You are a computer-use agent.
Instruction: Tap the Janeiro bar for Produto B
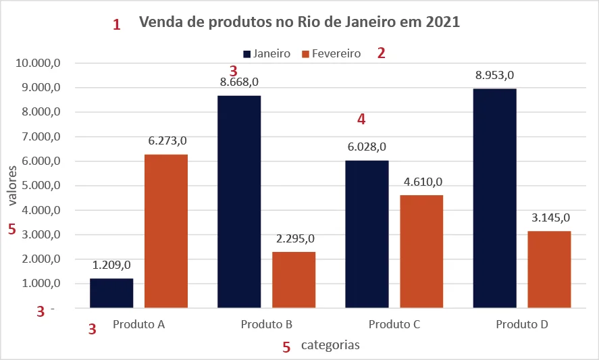click(239, 202)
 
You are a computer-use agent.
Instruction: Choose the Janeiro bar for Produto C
click(367, 234)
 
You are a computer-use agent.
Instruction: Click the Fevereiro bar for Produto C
click(421, 251)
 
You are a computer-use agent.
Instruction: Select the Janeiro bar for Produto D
click(494, 198)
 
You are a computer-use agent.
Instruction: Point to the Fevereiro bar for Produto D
click(549, 269)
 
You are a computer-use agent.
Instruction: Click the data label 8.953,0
click(494, 76)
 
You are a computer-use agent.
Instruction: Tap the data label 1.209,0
click(111, 265)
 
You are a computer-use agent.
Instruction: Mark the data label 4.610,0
click(421, 182)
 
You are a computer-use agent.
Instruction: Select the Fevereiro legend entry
click(331, 53)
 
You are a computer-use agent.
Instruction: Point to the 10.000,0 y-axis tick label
click(38, 63)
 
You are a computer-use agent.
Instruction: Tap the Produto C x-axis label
click(394, 325)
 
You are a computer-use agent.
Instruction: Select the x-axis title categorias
click(330, 345)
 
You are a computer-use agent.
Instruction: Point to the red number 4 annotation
click(361, 120)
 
